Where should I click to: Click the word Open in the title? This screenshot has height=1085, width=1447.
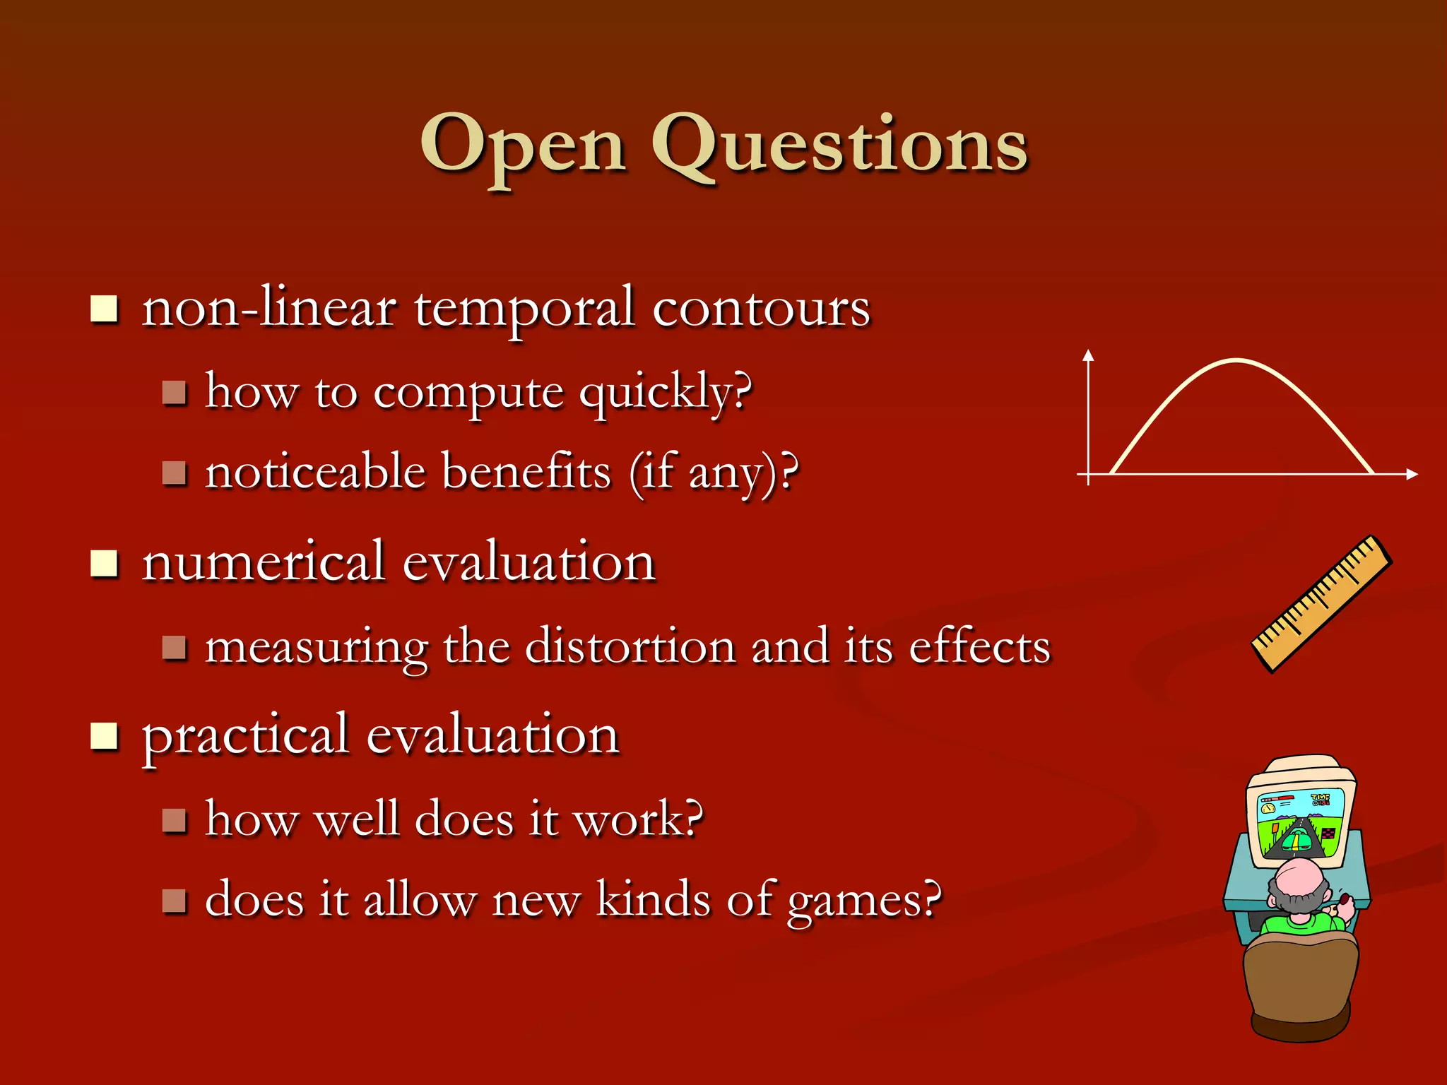[x=523, y=145]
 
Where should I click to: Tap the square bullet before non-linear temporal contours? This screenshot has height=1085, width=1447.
[x=104, y=309]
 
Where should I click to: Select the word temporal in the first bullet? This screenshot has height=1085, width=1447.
[x=524, y=309]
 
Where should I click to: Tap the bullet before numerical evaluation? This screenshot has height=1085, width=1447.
[x=104, y=564]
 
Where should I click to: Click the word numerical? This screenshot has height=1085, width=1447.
[x=264, y=562]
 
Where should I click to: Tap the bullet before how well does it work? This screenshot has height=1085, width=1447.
[x=174, y=820]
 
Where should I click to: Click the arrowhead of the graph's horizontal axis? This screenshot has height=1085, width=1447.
[x=1412, y=475]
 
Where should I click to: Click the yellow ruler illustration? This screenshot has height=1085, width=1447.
[x=1321, y=604]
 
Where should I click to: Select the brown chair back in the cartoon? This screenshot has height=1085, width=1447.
[x=1300, y=982]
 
